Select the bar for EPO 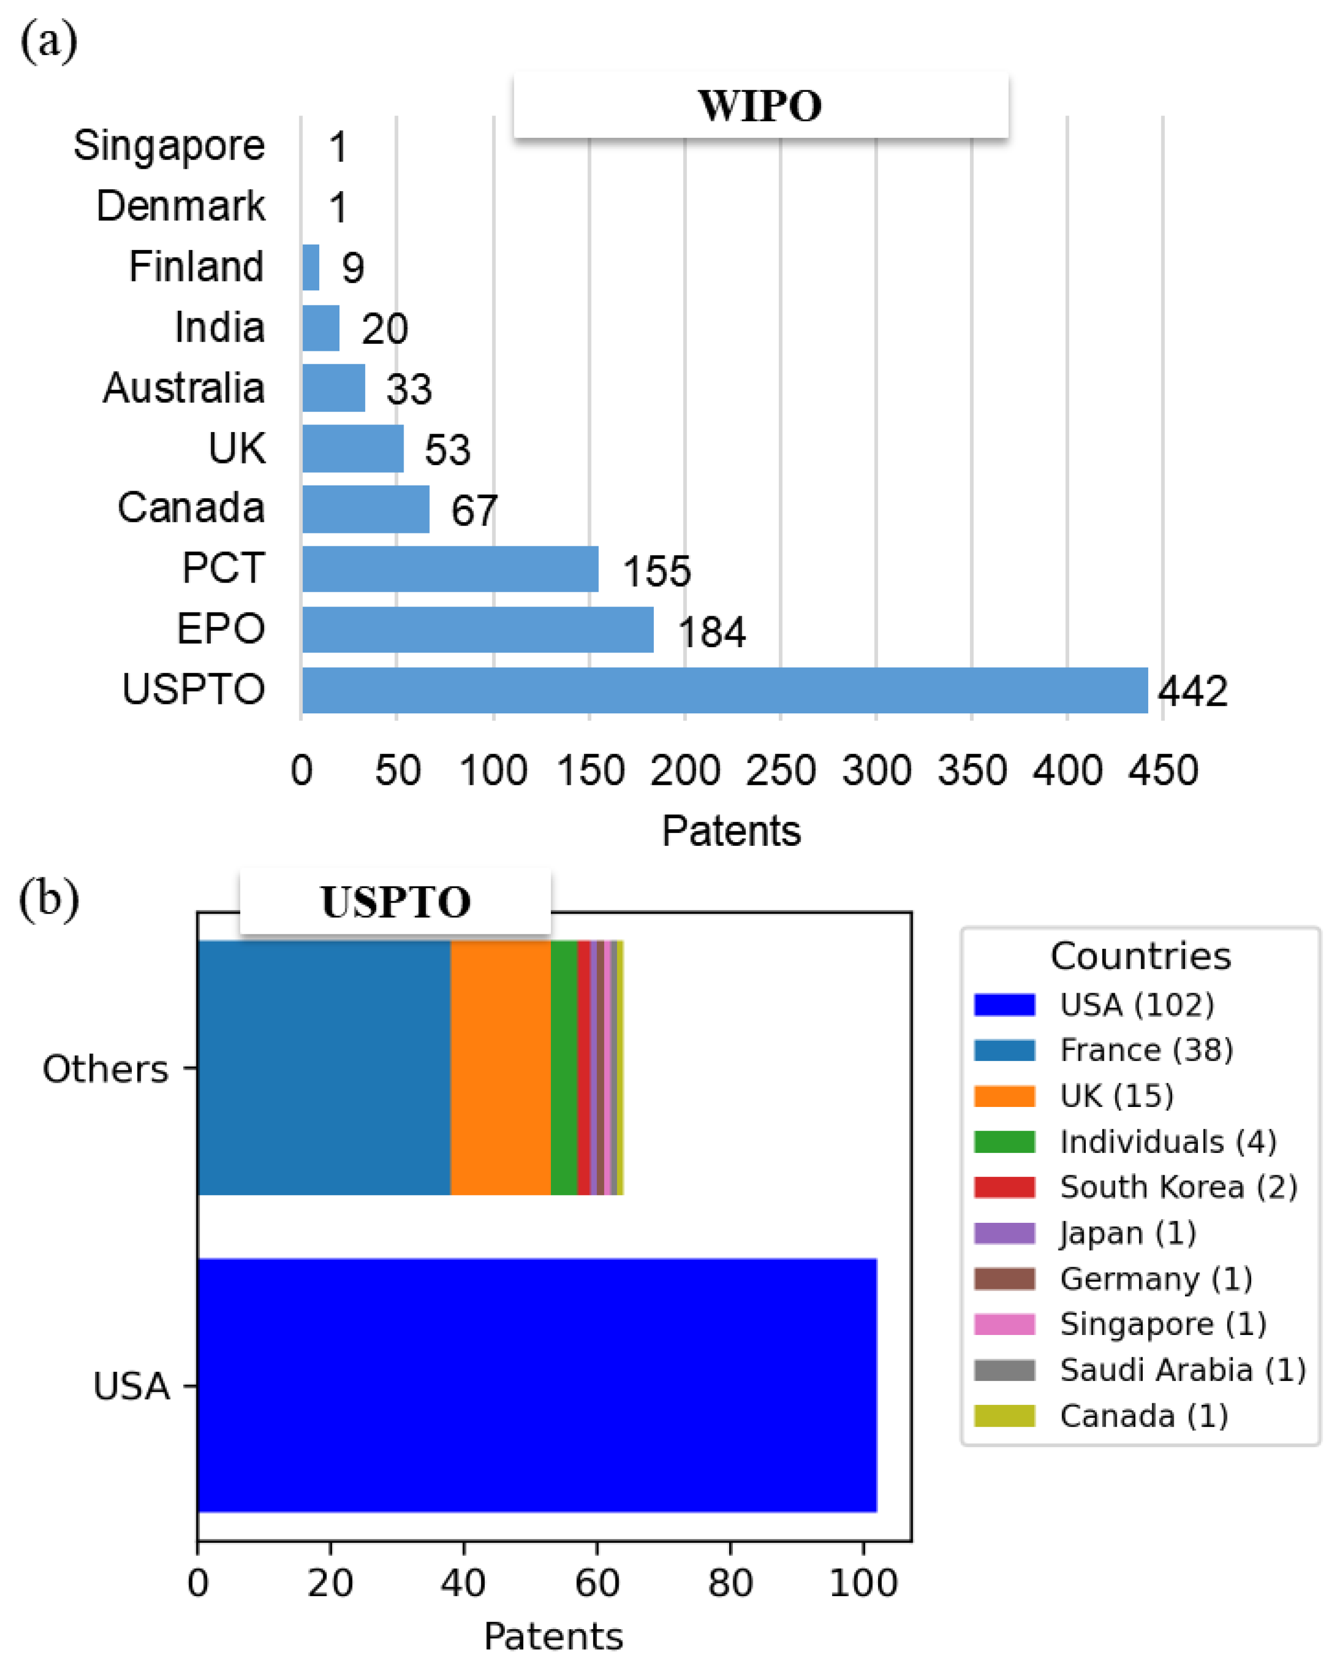[x=477, y=630]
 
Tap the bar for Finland [x=310, y=267]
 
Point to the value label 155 [x=657, y=571]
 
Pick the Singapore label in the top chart [x=169, y=145]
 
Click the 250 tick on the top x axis [x=780, y=771]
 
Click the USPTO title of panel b [x=395, y=902]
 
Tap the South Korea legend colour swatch [x=1004, y=1187]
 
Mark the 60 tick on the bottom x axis [x=597, y=1583]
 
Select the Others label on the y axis [x=106, y=1069]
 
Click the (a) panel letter [x=48, y=41]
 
